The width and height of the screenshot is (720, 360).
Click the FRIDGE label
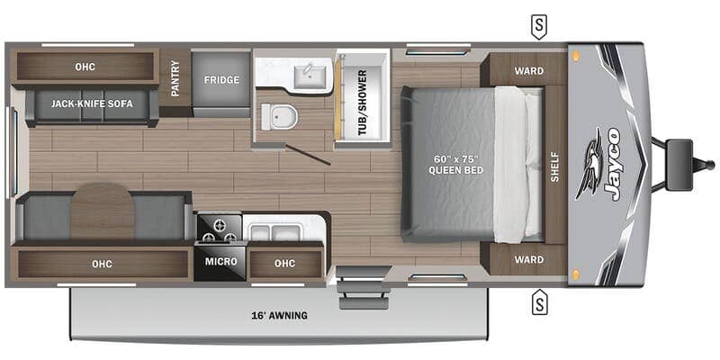tap(221, 80)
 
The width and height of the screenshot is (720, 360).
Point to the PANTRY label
tap(175, 78)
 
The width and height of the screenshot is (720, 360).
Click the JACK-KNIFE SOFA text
tap(92, 104)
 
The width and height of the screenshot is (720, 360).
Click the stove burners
tap(219, 229)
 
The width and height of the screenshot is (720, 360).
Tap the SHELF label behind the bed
tap(554, 166)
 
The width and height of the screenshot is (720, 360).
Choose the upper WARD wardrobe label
tap(528, 71)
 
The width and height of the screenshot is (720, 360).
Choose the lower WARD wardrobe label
tap(528, 260)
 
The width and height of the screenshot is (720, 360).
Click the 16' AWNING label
tap(280, 316)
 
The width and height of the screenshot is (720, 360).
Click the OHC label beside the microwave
tap(284, 263)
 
